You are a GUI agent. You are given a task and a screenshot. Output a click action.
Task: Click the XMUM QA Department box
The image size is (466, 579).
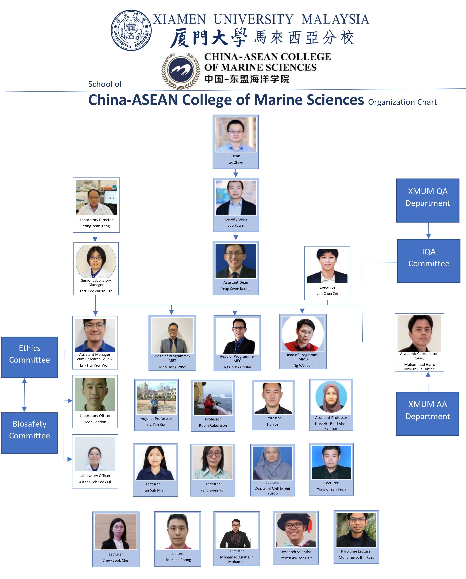pos(428,200)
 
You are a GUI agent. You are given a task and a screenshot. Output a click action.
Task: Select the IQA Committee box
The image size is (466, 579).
pos(429,261)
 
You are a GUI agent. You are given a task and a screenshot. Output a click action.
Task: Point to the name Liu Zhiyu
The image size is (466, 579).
pos(236,162)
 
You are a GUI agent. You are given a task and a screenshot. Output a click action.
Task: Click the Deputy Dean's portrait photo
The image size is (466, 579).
pos(236,197)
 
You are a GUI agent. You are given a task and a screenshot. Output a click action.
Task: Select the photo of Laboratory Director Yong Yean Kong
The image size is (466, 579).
pos(96,197)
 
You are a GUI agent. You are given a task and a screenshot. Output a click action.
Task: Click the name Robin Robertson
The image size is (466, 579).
pos(213,425)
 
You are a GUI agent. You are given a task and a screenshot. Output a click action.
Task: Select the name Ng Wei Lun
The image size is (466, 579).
pos(303,365)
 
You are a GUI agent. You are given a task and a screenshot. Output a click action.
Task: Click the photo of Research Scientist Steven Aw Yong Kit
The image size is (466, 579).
pos(296,530)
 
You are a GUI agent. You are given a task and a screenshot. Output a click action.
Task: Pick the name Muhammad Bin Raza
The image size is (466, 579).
pos(356,557)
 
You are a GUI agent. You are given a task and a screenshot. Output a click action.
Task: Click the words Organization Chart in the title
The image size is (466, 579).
pos(402,102)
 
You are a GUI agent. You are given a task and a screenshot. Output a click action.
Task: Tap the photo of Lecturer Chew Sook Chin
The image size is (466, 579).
pos(116,532)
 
